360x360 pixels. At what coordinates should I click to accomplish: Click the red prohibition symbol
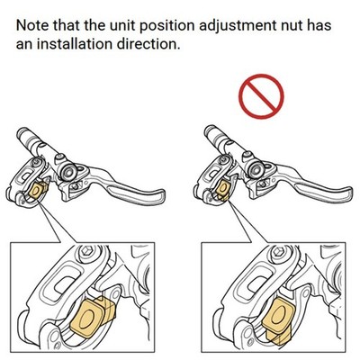(x=261, y=96)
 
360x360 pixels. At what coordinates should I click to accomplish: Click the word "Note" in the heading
(x=32, y=25)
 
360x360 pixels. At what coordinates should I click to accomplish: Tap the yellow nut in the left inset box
(x=93, y=316)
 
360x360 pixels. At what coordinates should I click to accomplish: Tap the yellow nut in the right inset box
(x=278, y=319)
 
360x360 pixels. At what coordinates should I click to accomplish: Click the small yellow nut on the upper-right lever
(x=223, y=191)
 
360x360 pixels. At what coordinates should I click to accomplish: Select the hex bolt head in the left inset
(x=85, y=250)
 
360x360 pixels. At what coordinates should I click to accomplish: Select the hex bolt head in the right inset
(x=277, y=251)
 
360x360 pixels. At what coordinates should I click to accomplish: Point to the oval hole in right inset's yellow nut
(x=279, y=314)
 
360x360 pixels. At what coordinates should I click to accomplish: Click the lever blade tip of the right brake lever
(x=348, y=191)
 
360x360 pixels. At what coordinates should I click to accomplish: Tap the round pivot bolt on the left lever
(x=68, y=171)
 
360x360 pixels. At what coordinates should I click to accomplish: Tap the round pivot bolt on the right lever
(x=256, y=169)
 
